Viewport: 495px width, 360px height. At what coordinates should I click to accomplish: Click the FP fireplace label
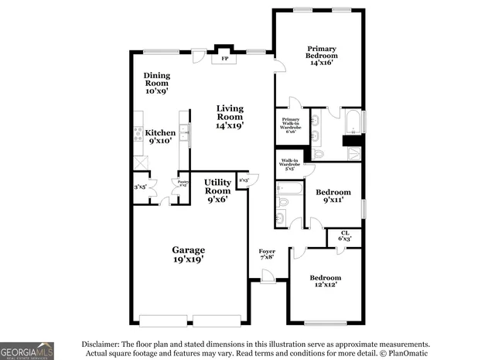(x=225, y=59)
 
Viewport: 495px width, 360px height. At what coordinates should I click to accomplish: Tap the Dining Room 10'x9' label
(x=157, y=83)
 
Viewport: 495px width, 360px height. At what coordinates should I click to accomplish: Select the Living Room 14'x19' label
(x=230, y=116)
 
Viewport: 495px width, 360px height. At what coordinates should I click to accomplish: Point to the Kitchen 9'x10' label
(x=160, y=136)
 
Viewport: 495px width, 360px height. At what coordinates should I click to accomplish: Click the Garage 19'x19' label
(x=188, y=255)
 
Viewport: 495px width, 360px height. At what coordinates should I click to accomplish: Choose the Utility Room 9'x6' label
(x=217, y=190)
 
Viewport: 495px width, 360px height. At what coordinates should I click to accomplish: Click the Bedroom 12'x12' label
(x=325, y=282)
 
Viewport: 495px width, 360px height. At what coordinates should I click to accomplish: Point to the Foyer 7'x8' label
(x=267, y=255)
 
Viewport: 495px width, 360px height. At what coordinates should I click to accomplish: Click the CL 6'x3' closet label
(x=345, y=235)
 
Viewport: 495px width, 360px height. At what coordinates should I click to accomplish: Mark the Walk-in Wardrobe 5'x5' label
(x=289, y=164)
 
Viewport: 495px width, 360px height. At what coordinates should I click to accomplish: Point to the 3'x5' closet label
(x=140, y=186)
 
